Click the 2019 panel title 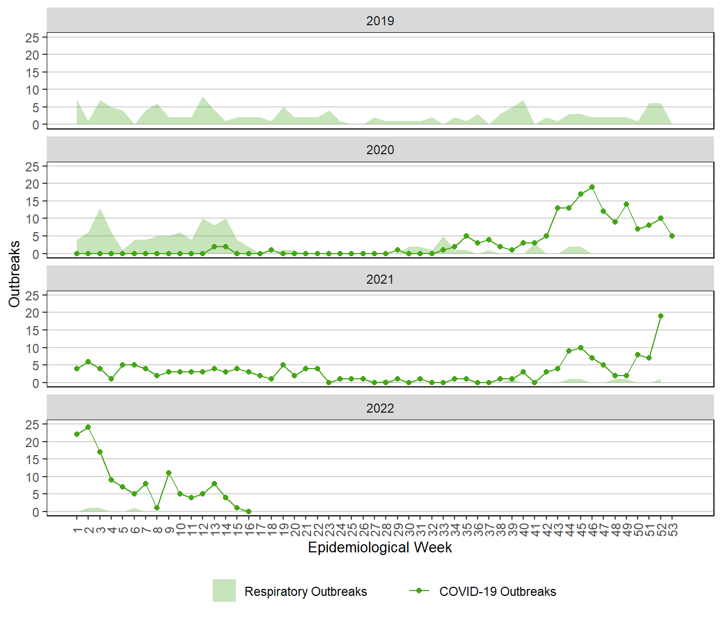380,21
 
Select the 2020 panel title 380,150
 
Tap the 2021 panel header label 380,279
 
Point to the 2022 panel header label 380,408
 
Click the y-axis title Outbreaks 15,274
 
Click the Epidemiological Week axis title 380,548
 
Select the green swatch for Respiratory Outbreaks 224,591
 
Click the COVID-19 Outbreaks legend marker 419,591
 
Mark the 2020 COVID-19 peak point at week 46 592,187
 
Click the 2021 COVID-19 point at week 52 661,316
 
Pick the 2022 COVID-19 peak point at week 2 88,428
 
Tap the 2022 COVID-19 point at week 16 248,512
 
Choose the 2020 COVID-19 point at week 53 672,236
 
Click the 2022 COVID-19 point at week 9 169,473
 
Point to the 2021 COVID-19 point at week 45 581,348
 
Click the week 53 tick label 673,530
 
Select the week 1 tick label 77,530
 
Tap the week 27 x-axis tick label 375,530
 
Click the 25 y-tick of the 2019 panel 32,38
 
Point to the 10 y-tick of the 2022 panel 32,477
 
